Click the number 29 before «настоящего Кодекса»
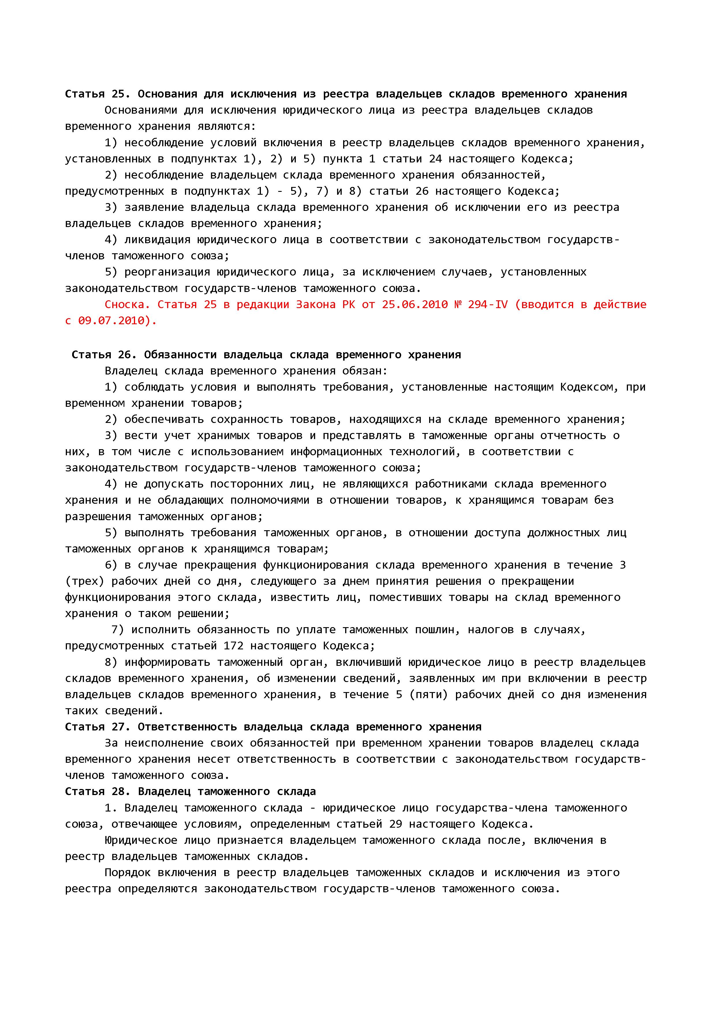pos(395,824)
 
